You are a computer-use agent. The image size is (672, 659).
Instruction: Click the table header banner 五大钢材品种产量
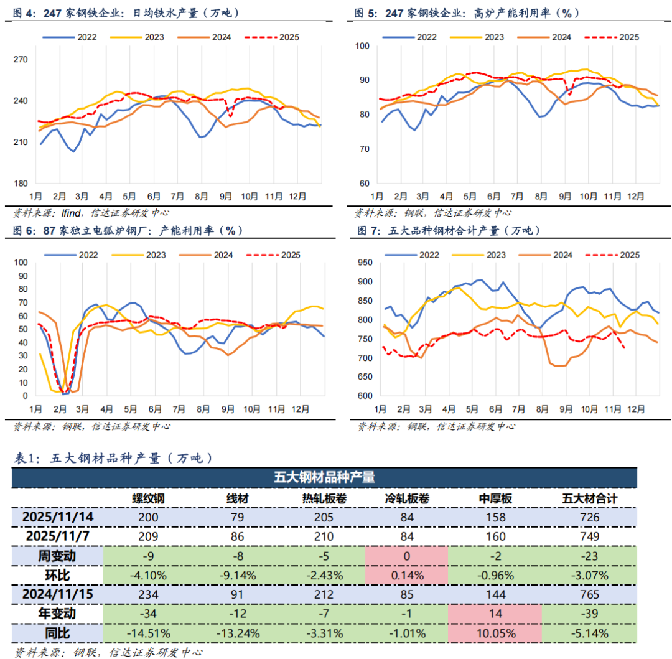click(324, 477)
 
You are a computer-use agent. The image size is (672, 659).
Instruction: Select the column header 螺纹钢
click(148, 498)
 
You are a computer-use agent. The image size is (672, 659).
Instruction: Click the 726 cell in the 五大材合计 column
click(589, 517)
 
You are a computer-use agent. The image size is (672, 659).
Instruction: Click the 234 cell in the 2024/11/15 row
click(148, 595)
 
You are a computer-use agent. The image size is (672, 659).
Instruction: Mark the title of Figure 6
click(128, 230)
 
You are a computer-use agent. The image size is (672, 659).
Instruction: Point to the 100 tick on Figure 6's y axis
click(21, 262)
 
